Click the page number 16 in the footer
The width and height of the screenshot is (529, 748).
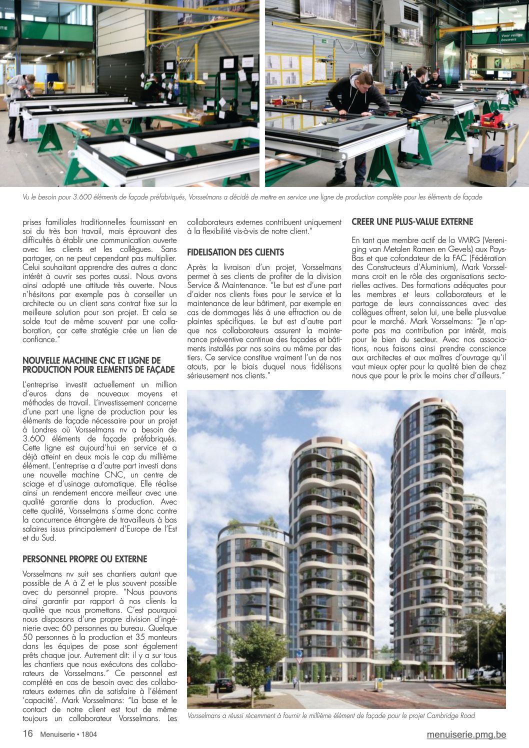[x=27, y=733]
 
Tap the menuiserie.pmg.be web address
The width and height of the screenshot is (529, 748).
[x=466, y=734]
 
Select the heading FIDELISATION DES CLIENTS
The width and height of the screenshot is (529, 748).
[x=235, y=252]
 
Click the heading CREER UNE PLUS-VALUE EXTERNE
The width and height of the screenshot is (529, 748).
[x=412, y=221]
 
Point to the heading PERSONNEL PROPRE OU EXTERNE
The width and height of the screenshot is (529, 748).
[x=85, y=559]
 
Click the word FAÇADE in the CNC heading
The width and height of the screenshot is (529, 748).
[x=160, y=369]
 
